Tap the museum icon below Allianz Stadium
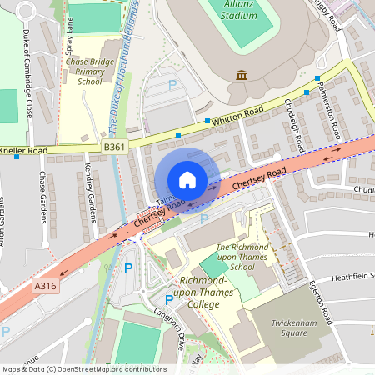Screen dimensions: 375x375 tap(242, 76)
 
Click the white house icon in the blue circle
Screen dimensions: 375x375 tap(187, 180)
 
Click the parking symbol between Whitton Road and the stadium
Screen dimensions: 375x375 tap(172, 85)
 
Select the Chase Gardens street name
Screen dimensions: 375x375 tap(42, 197)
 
